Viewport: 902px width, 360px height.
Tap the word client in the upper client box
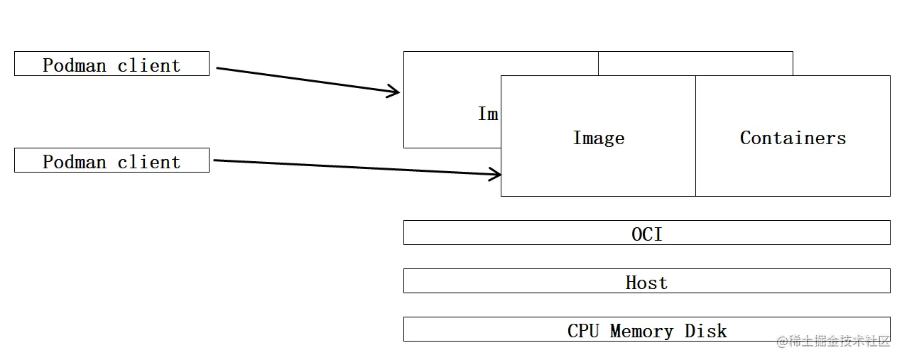point(149,65)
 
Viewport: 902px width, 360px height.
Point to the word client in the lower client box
point(149,162)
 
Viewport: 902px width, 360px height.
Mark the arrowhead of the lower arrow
point(496,174)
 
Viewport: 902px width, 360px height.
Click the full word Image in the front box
point(598,138)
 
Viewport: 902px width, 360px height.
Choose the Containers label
point(793,138)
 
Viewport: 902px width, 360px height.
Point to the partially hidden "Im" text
point(488,114)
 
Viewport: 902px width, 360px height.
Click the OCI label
point(646,234)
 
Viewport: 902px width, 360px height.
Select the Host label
point(646,282)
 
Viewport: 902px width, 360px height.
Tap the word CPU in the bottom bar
point(583,331)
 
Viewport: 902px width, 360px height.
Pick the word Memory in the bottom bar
point(641,331)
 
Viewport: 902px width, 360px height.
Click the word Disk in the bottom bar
point(705,331)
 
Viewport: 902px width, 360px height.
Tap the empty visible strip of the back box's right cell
point(695,63)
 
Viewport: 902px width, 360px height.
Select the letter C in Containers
point(746,138)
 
